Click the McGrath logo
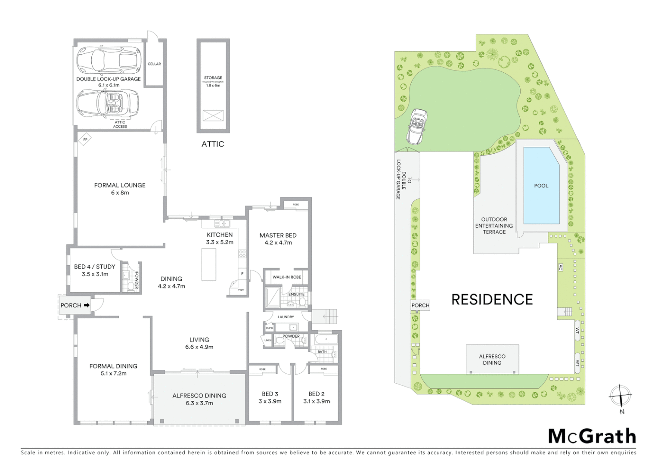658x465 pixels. (592, 436)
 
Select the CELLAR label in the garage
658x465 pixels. (154, 64)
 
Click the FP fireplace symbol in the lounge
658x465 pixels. (85, 139)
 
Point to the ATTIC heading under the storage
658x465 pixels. (213, 144)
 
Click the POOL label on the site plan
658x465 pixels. (541, 186)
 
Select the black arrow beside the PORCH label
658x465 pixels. (87, 305)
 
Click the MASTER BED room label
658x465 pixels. (278, 235)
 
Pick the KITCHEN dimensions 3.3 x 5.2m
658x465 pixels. (220, 242)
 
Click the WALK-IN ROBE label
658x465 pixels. (286, 277)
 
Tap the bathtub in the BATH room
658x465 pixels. (326, 340)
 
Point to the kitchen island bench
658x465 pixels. (209, 264)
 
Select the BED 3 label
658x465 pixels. (270, 394)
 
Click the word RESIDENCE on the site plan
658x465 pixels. (492, 299)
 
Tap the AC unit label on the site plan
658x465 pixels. (560, 267)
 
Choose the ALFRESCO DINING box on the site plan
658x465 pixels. (492, 359)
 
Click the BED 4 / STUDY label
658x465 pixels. (94, 267)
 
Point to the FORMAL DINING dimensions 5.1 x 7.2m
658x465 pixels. (113, 373)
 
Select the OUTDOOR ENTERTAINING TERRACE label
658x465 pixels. (494, 226)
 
